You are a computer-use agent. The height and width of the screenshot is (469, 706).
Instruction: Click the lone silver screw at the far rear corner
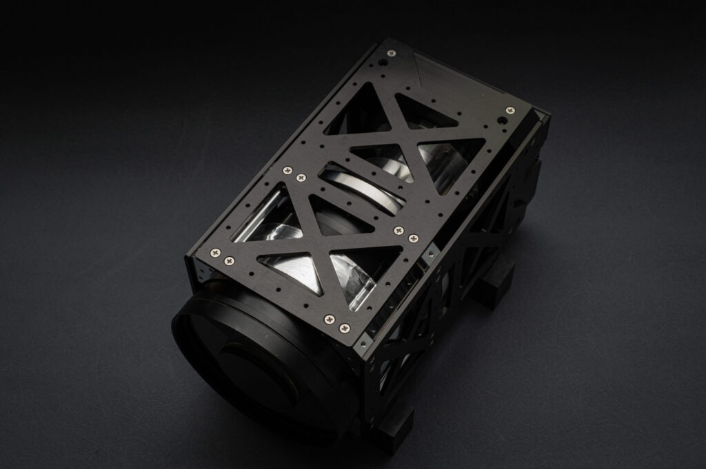tap(391, 53)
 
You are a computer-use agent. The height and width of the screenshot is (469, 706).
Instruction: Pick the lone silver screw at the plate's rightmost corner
tap(510, 110)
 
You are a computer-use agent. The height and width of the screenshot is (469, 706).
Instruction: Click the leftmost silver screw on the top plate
tap(215, 253)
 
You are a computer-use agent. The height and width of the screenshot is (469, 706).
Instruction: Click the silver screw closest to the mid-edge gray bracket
tap(414, 239)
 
